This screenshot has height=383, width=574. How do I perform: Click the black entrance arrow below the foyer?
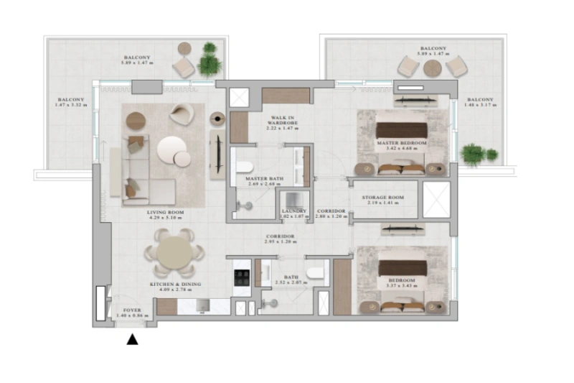click(132, 339)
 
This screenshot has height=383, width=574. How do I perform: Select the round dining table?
click(174, 252)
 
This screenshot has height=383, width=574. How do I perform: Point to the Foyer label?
click(132, 312)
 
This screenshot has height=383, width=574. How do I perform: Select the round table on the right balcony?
click(432, 68)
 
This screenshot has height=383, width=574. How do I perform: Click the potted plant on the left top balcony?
click(210, 60)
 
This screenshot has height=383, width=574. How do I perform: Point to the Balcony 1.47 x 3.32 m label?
click(70, 102)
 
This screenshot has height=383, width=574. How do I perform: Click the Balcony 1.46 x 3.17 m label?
click(480, 102)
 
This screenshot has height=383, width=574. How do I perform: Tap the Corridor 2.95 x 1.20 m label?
click(280, 239)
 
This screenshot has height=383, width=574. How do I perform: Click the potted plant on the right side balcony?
click(474, 154)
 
